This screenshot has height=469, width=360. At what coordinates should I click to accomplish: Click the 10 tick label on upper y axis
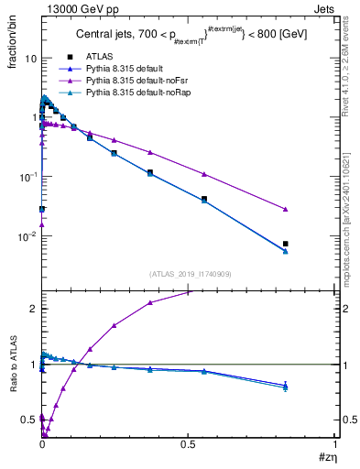[x=27, y=59]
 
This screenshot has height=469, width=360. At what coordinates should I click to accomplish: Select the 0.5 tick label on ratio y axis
[x=26, y=420]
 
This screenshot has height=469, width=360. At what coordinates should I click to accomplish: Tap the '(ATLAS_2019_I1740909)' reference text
[x=190, y=274]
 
